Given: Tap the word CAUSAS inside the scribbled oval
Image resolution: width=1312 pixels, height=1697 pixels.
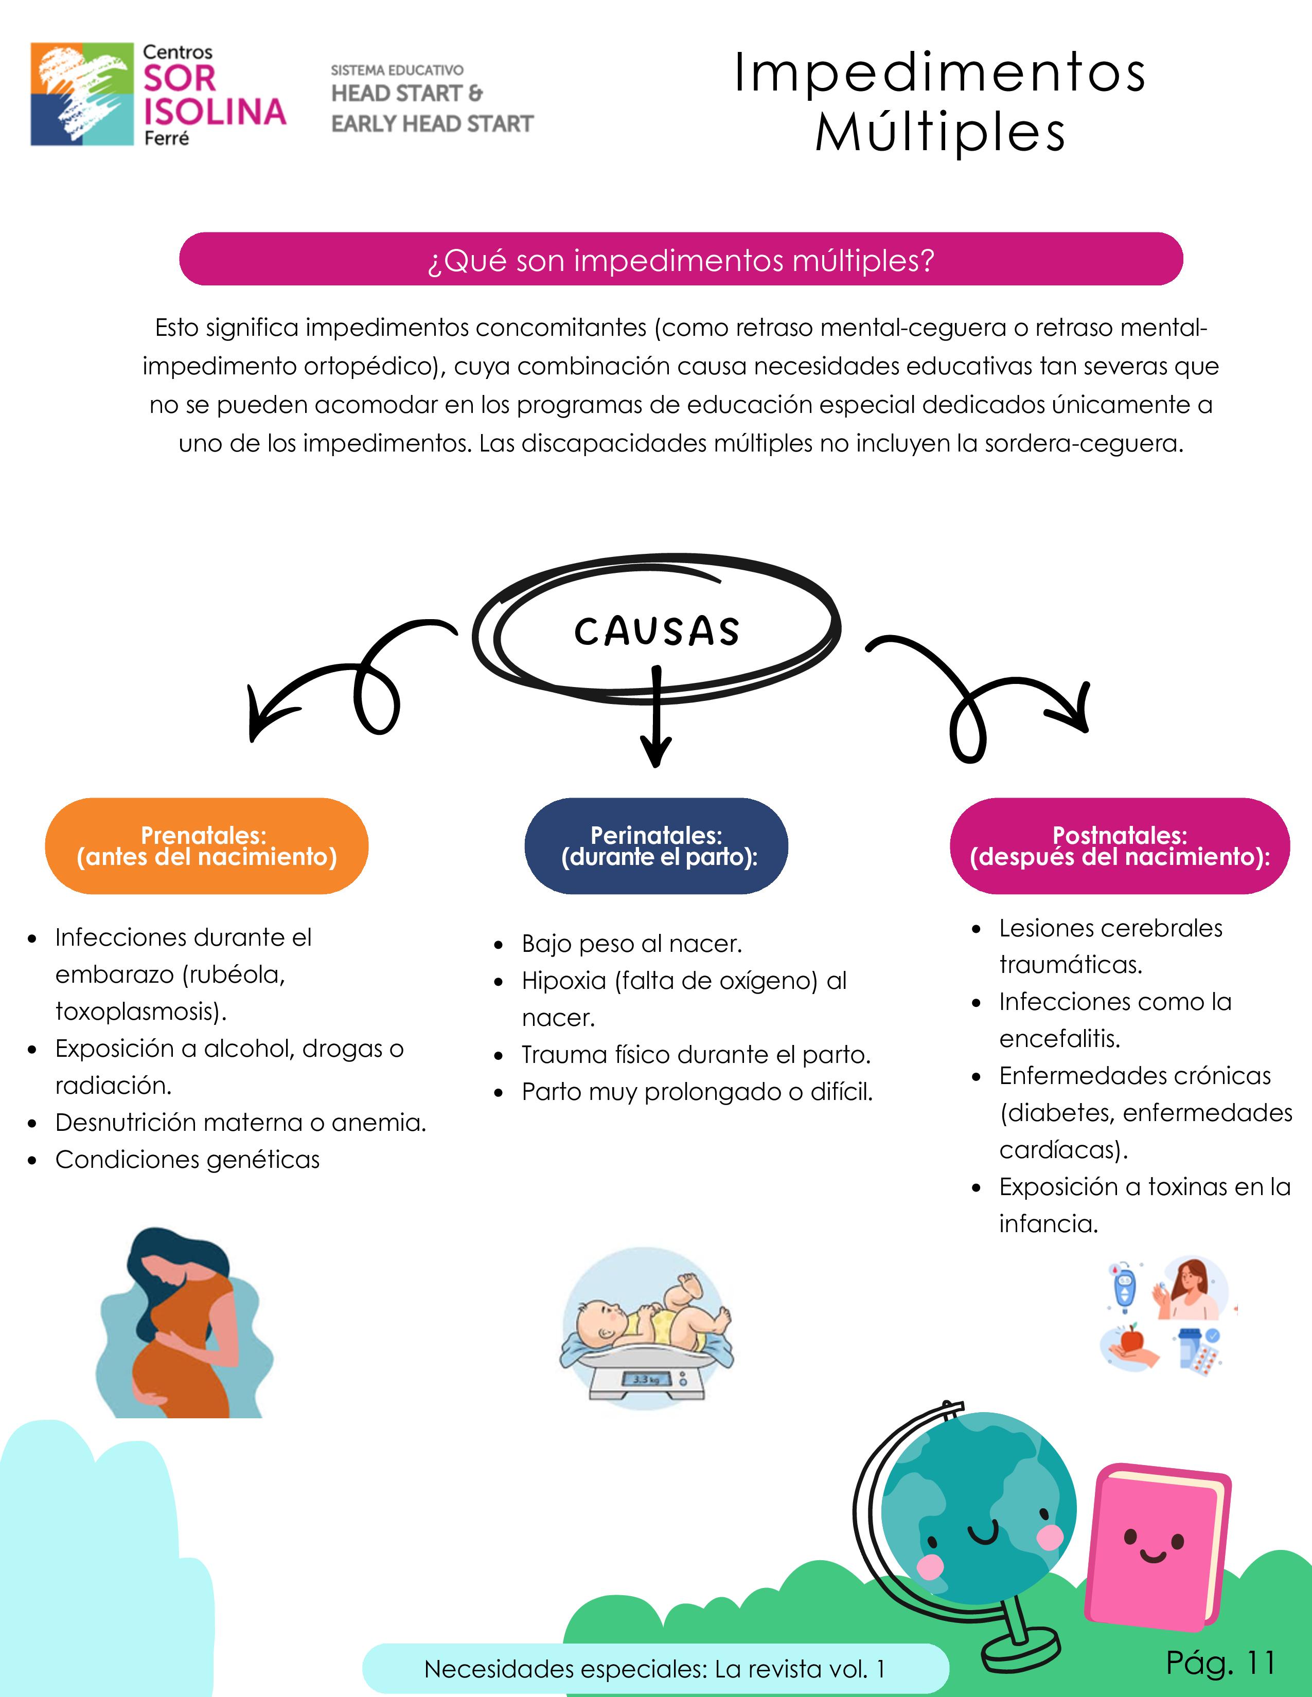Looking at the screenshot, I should [657, 631].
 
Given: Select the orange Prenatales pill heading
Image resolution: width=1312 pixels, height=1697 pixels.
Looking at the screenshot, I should [207, 846].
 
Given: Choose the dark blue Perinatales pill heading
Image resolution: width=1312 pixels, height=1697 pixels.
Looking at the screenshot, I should [657, 846].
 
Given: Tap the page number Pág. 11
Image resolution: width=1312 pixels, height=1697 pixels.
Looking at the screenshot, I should [1220, 1663].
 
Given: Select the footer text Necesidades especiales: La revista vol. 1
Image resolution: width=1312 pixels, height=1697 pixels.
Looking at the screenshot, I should [654, 1669].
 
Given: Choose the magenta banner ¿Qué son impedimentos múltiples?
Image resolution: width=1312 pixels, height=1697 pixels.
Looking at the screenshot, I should [681, 260].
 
